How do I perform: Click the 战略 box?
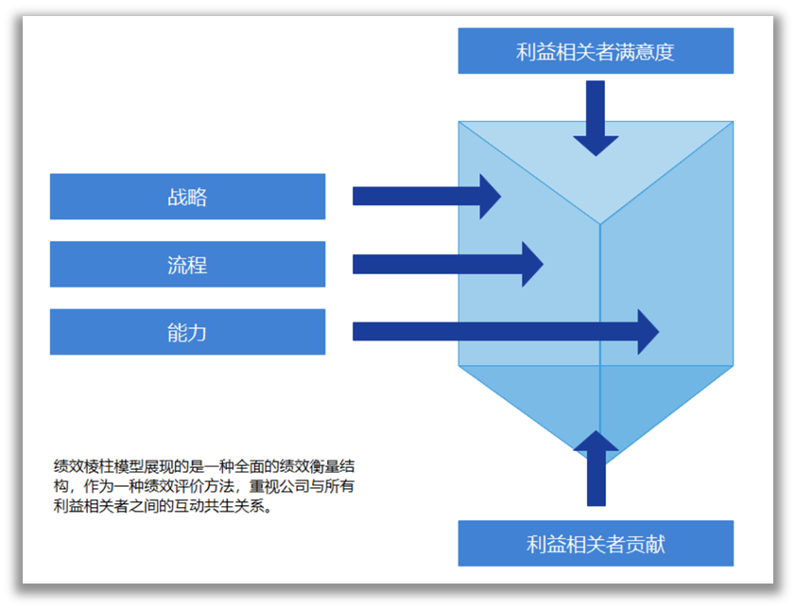coord(187,197)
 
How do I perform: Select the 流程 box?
coord(187,265)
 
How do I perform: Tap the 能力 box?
coord(187,332)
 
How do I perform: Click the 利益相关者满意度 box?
coord(596,51)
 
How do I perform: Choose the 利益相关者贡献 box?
coord(596,544)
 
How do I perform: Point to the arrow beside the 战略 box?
coord(425,197)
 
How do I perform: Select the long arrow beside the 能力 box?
coord(501,332)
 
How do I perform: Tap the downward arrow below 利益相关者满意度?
coord(596,118)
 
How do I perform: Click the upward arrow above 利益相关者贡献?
coord(596,468)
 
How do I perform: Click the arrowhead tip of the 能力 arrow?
coord(655,332)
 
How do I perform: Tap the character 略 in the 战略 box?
coord(198,197)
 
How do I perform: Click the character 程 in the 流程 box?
coord(198,265)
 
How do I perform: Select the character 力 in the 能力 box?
coord(198,332)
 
